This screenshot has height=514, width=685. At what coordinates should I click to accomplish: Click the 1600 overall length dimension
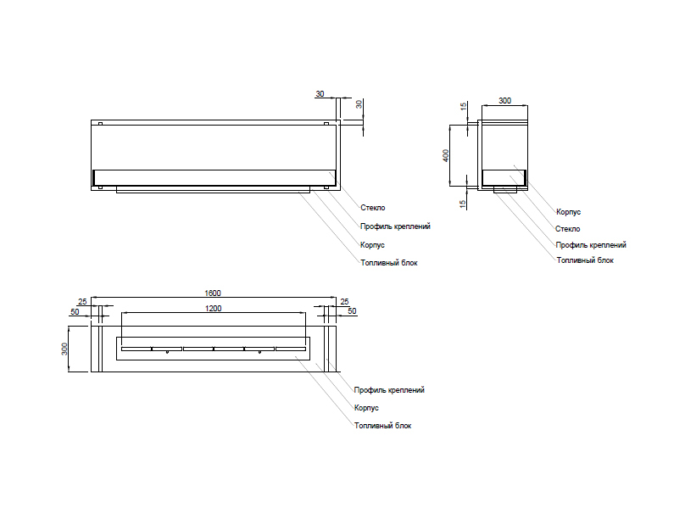click(214, 293)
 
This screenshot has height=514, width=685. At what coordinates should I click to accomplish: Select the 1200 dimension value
click(214, 309)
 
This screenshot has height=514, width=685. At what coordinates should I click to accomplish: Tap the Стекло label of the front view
click(372, 207)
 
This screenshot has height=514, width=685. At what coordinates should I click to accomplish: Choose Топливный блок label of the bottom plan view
click(382, 426)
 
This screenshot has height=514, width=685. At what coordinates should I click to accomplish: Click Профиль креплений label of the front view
click(395, 226)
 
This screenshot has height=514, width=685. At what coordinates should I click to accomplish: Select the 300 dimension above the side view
click(504, 101)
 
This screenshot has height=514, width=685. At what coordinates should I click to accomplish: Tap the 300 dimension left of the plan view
click(65, 349)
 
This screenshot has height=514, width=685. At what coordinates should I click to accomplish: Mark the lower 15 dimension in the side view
click(463, 203)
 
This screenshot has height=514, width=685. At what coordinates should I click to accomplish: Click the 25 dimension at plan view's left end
click(82, 302)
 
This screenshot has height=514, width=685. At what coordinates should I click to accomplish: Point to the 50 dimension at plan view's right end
click(352, 311)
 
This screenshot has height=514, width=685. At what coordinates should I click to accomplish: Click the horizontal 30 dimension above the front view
click(320, 93)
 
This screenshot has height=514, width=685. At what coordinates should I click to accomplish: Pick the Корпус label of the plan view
click(365, 408)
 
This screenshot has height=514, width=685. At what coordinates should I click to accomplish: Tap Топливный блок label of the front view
click(388, 263)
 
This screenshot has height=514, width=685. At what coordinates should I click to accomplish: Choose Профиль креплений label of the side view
click(591, 244)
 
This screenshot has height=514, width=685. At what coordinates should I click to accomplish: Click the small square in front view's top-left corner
click(100, 125)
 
